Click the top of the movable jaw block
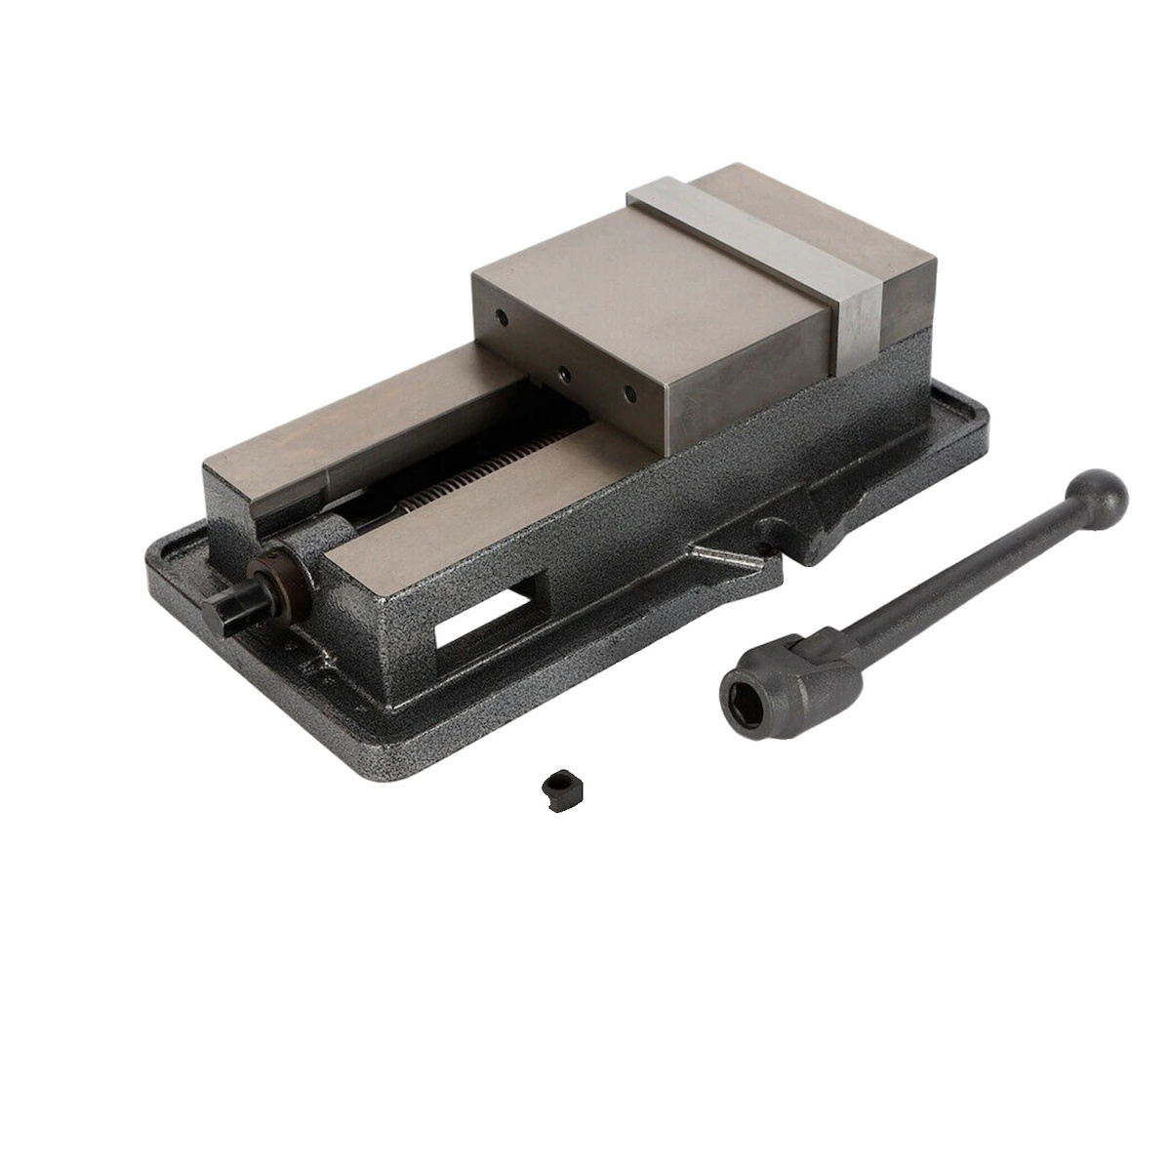tap(644, 283)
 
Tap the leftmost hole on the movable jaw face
tap(501, 319)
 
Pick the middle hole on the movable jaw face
tap(563, 372)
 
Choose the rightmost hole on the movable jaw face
tap(629, 394)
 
